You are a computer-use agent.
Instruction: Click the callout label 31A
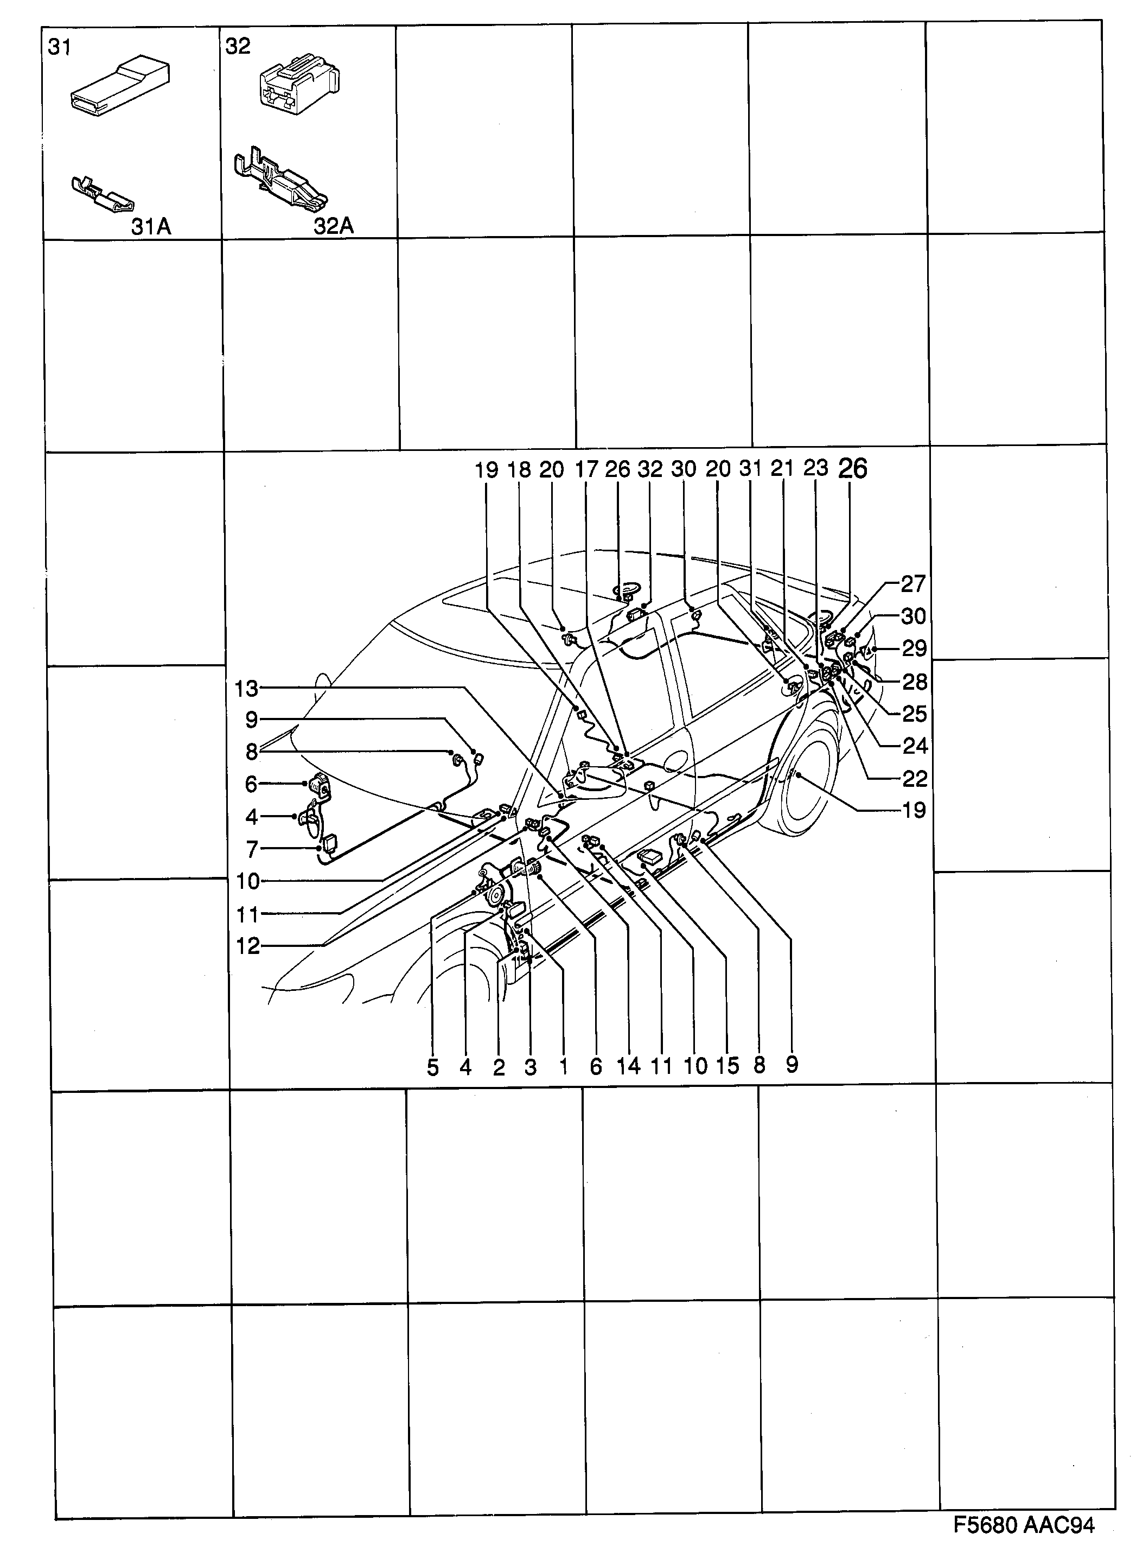coord(151,226)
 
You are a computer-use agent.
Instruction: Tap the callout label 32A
coord(334,226)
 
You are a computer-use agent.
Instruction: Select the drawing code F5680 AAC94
coord(1023,1525)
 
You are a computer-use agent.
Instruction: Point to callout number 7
coord(252,850)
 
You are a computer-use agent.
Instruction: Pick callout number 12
coord(247,946)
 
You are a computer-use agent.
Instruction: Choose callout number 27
coord(913,584)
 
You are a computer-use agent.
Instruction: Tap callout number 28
coord(914,682)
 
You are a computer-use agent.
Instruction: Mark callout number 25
coord(914,714)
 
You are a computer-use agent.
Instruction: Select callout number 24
coord(914,746)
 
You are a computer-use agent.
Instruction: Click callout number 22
coord(914,779)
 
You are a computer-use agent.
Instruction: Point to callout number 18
coord(519,470)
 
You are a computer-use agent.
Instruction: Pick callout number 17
coord(586,470)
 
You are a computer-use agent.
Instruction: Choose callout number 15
coord(727,1066)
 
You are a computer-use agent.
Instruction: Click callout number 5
coord(432,1067)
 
